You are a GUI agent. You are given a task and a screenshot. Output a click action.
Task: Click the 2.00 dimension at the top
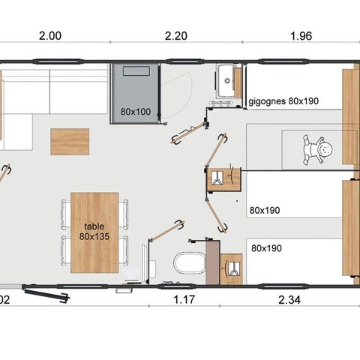click(49, 35)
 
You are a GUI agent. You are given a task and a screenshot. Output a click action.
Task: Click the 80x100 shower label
click(135, 112)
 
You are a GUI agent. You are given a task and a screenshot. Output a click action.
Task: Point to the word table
click(94, 224)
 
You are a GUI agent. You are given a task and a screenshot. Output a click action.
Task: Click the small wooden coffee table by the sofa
click(69, 140)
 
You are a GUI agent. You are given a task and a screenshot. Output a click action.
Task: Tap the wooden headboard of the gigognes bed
click(350, 97)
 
